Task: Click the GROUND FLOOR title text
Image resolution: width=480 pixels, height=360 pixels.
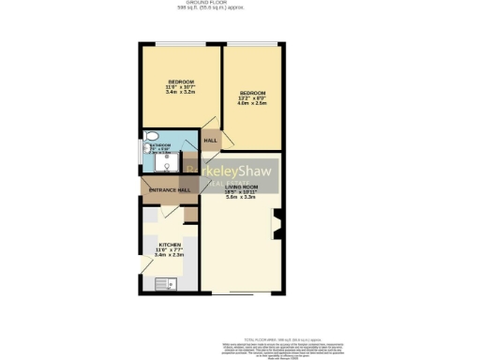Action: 241,3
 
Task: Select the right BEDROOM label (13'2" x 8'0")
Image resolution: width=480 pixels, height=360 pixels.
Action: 252,93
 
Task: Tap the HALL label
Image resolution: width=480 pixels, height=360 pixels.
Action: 211,141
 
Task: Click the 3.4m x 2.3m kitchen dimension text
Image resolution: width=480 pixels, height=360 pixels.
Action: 169,255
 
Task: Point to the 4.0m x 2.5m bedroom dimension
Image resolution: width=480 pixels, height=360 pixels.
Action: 252,103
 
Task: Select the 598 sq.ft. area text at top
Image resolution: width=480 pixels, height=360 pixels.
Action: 241,8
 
